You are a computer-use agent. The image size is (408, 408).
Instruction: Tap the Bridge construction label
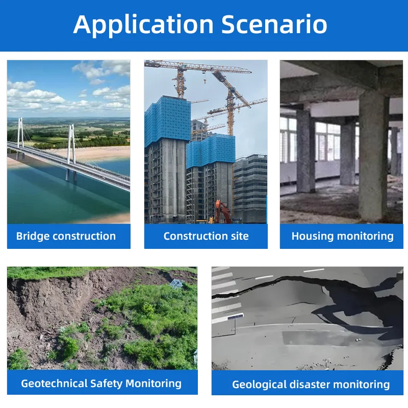[x=66, y=236]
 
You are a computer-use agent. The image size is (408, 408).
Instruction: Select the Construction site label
[x=206, y=236]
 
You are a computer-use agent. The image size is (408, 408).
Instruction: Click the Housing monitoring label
[x=342, y=236]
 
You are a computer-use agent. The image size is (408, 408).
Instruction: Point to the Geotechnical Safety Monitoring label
[x=101, y=383]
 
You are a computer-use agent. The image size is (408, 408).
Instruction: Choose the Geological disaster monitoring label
[x=311, y=384]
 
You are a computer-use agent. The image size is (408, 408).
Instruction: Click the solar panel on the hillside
[x=176, y=283]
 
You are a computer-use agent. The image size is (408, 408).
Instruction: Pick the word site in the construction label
[x=239, y=236]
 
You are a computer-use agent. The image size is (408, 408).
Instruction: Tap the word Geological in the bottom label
[x=258, y=384]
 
